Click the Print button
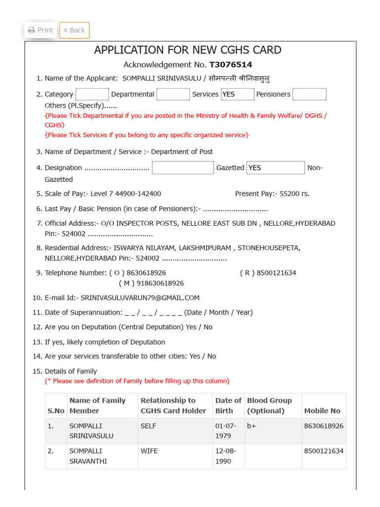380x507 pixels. (x=41, y=30)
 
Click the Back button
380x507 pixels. (x=74, y=30)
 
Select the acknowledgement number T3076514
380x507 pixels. (x=231, y=65)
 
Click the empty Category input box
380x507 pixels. (x=92, y=94)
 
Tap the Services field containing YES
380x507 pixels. (x=237, y=94)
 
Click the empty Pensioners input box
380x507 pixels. (x=309, y=94)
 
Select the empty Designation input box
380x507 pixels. (x=183, y=168)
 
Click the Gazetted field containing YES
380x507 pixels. (x=276, y=168)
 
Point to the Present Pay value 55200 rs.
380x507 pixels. (x=294, y=194)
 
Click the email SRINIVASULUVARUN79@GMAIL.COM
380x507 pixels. (x=140, y=298)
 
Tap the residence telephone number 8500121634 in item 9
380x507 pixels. (x=275, y=273)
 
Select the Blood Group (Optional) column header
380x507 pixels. (x=270, y=406)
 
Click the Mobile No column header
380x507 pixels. (x=322, y=410)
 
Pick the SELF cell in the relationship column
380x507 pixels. (x=149, y=426)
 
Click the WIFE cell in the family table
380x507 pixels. (x=149, y=451)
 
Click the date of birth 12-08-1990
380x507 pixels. (x=226, y=456)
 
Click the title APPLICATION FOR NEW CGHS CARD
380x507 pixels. (x=188, y=50)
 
